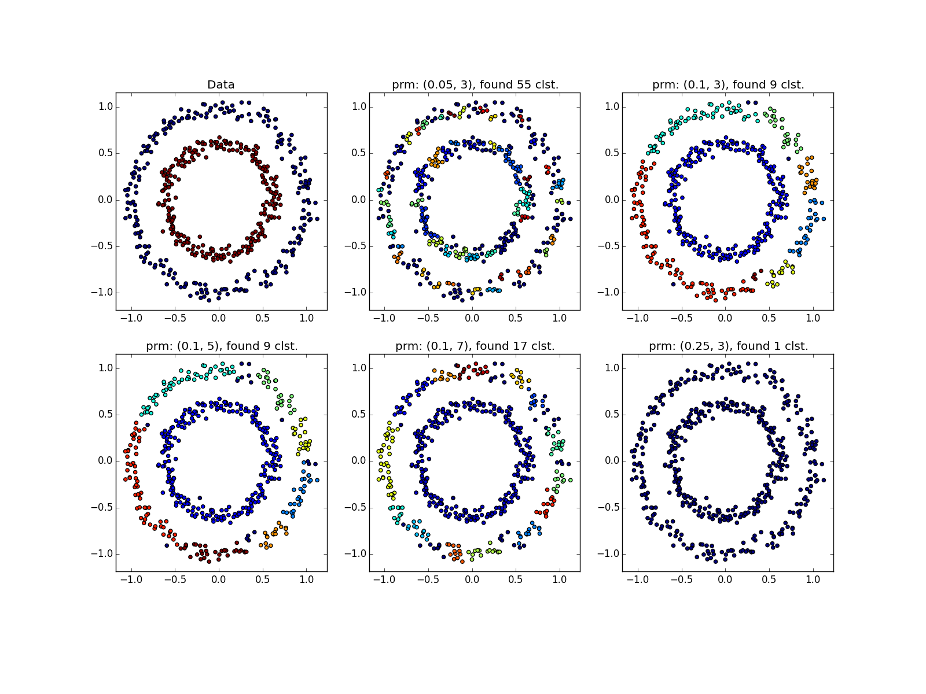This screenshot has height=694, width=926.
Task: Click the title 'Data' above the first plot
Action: tap(221, 85)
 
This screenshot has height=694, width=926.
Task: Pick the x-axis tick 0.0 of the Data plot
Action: tap(219, 318)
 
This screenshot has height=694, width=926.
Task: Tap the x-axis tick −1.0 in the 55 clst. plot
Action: tap(382, 318)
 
